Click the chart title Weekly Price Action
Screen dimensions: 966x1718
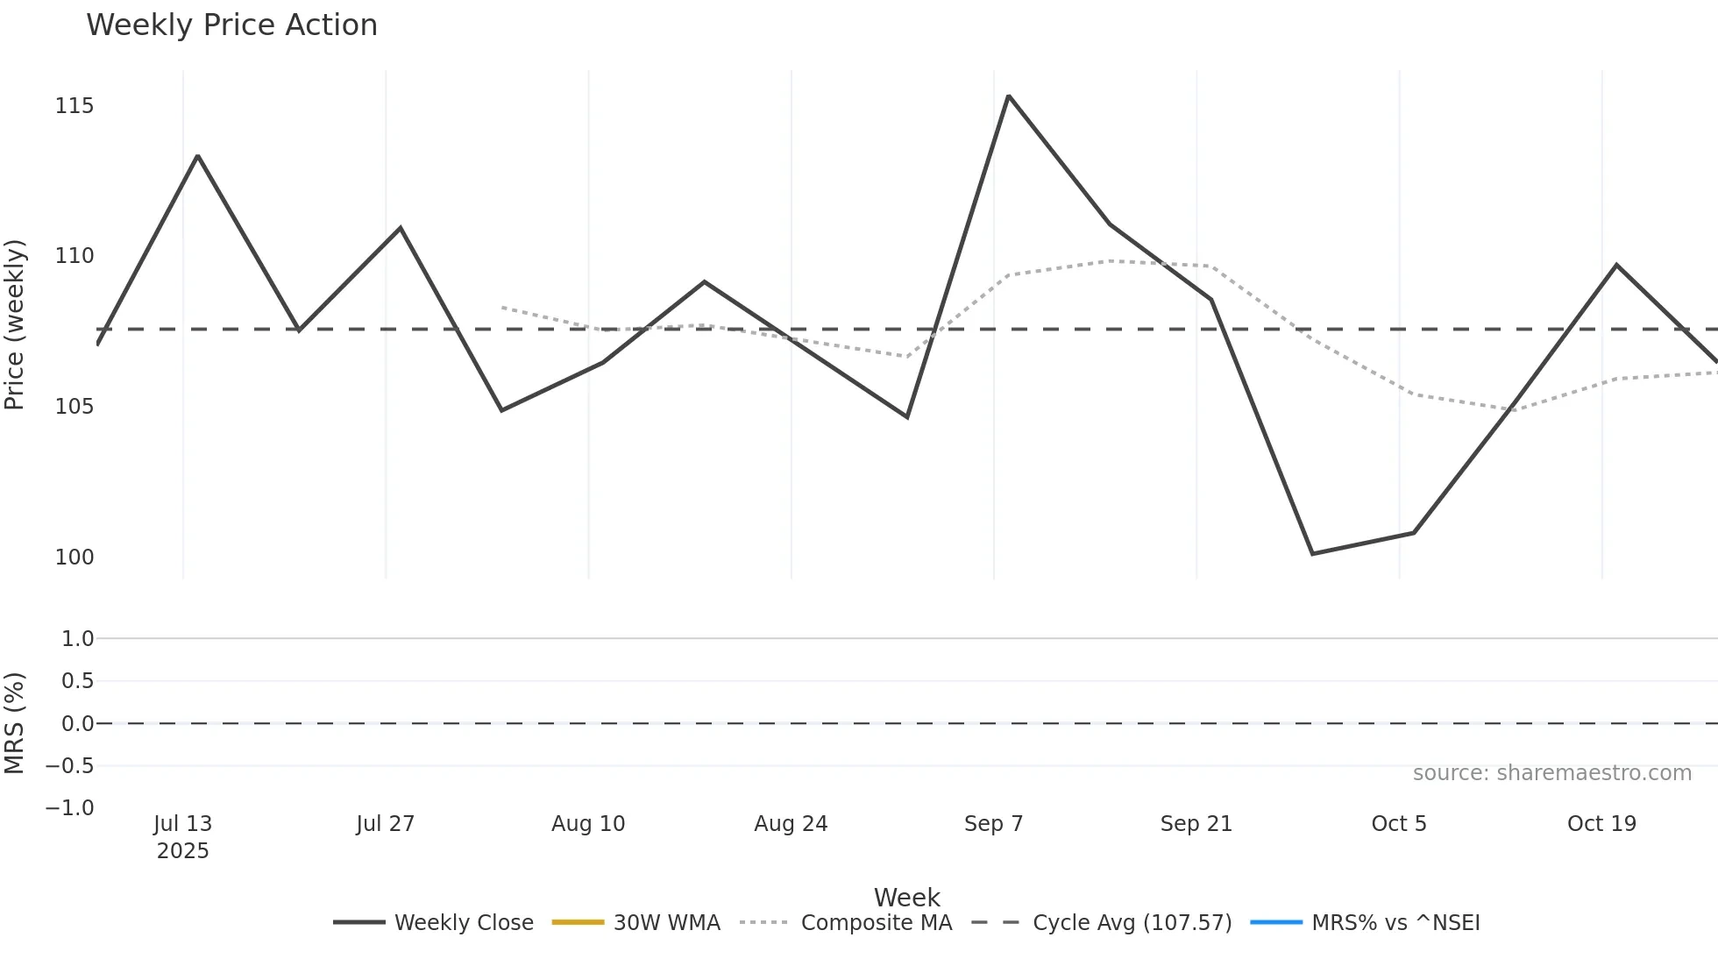coord(231,25)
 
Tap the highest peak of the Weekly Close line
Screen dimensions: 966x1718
coord(1009,96)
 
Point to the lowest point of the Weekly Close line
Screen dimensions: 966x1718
coord(1312,553)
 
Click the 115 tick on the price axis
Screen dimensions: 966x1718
coord(75,106)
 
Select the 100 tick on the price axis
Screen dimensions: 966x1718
coord(75,558)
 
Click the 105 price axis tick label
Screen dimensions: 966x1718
coord(75,407)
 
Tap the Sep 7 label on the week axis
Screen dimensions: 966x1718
coord(993,824)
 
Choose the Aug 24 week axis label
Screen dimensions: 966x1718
coord(791,824)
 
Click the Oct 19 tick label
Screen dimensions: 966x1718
coord(1601,824)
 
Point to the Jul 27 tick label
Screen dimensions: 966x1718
coord(386,824)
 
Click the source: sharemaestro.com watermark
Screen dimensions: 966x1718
coord(1551,773)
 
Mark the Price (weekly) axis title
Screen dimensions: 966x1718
coord(15,324)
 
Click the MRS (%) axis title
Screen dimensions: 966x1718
coord(15,723)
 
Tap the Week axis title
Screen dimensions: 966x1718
coord(906,898)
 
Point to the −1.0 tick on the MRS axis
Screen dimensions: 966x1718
coord(70,808)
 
